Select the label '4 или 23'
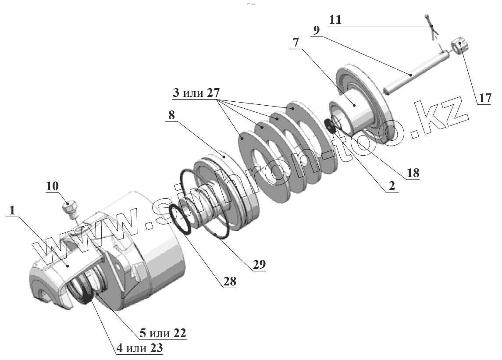click(139, 349)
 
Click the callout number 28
click(229, 282)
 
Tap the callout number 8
click(171, 115)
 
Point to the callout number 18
click(413, 173)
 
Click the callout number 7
click(296, 43)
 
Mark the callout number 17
click(484, 98)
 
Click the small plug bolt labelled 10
click(70, 208)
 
